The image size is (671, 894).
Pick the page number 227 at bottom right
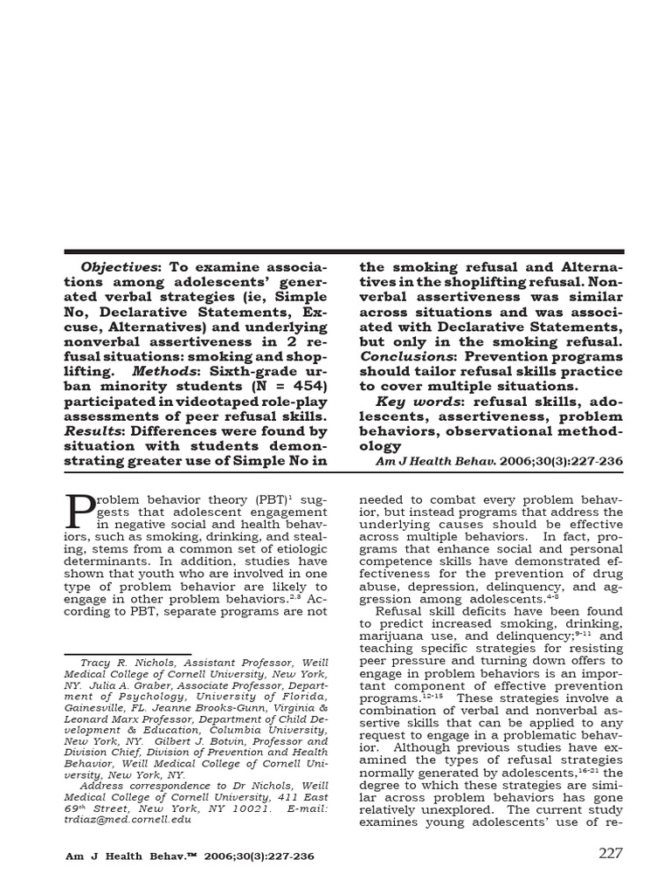click(x=610, y=853)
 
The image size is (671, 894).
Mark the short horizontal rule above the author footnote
click(x=128, y=653)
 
